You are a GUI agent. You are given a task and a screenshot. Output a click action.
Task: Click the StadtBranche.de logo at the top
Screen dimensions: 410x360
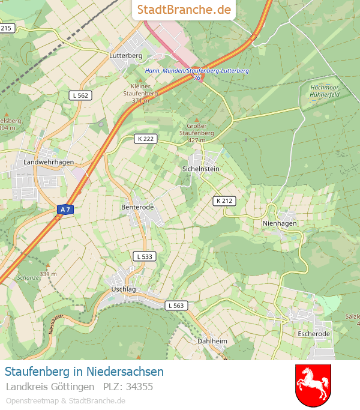click(184, 10)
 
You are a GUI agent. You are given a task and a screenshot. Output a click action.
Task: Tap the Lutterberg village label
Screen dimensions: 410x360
click(125, 55)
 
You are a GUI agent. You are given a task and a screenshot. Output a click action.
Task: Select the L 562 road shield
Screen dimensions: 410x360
click(80, 95)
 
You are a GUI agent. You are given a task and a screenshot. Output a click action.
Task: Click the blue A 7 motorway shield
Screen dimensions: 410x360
click(65, 209)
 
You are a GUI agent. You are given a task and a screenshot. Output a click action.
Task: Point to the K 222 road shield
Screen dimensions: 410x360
click(145, 138)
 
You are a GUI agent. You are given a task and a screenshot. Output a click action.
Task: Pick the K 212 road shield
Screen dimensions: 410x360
click(224, 200)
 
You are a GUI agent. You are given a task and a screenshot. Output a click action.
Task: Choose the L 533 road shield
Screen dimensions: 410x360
click(145, 256)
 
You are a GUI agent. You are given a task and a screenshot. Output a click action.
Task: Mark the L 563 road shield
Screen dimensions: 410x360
click(176, 305)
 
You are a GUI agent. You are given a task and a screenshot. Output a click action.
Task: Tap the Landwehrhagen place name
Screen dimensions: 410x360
click(49, 162)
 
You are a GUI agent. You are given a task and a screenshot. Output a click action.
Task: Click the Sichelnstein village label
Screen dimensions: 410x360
click(201, 169)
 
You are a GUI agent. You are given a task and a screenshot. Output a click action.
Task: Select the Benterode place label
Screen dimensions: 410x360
click(137, 207)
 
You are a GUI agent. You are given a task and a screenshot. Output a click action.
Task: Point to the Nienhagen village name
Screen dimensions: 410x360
click(280, 223)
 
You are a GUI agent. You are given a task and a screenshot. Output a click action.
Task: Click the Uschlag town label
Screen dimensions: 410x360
click(124, 289)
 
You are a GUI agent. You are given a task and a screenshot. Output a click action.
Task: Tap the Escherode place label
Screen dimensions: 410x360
click(314, 333)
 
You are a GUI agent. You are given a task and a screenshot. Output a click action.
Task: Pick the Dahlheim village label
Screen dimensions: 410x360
click(212, 341)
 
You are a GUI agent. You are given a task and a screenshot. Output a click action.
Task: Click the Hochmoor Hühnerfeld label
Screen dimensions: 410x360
click(325, 91)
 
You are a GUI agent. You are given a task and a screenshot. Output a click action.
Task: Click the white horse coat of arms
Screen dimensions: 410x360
click(313, 384)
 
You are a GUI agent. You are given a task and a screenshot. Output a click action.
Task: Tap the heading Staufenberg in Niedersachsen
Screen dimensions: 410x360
click(84, 371)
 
